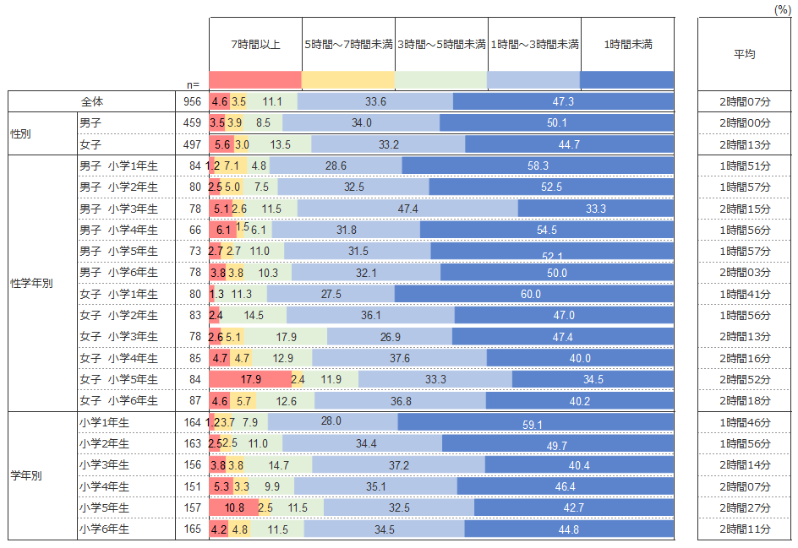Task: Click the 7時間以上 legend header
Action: click(x=254, y=44)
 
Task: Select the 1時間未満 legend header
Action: click(x=627, y=44)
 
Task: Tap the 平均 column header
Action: click(x=744, y=54)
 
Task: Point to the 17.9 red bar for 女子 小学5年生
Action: click(x=250, y=379)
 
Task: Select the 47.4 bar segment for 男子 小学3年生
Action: click(x=407, y=209)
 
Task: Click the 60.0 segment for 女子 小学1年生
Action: click(x=534, y=294)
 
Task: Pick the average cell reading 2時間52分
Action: click(x=745, y=379)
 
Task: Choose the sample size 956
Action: click(x=192, y=101)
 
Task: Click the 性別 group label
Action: click(x=21, y=133)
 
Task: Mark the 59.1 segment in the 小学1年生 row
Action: click(x=536, y=422)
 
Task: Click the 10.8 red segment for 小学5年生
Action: click(x=234, y=507)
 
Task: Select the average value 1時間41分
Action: click(x=745, y=294)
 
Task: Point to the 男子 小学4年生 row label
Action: click(x=118, y=230)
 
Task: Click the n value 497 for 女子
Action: click(x=192, y=144)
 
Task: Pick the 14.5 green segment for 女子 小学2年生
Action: click(x=254, y=315)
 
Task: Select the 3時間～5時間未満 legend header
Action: click(x=441, y=44)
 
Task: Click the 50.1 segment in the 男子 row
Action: click(x=557, y=123)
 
